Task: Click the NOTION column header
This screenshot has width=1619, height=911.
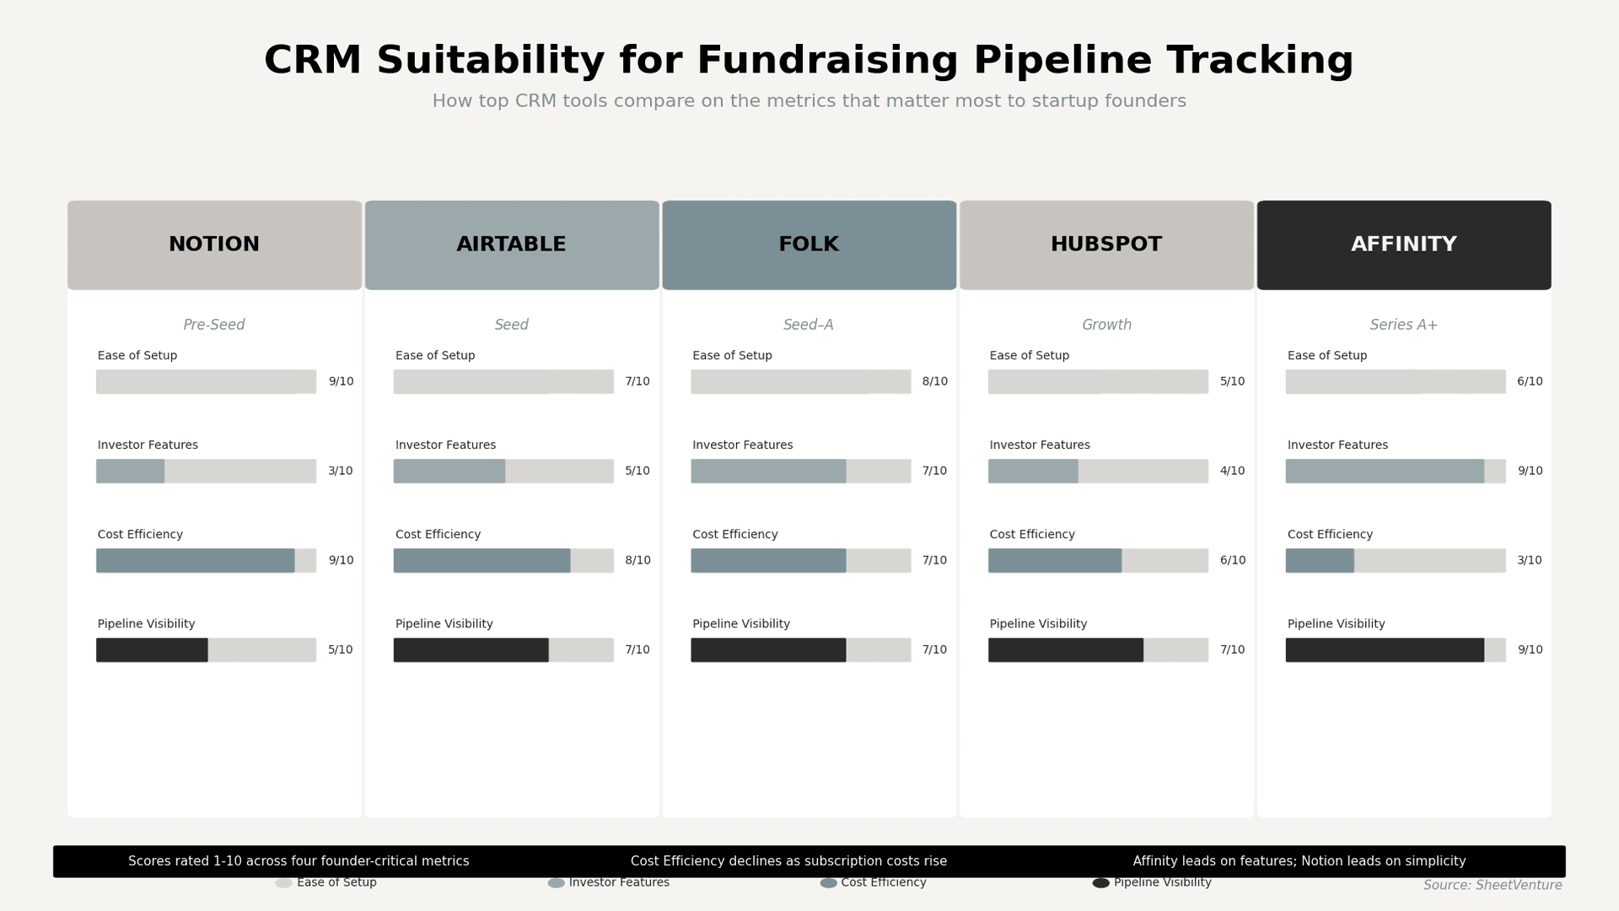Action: tap(214, 245)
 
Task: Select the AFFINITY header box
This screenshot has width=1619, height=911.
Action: tap(1403, 245)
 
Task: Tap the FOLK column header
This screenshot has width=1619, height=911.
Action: tap(809, 245)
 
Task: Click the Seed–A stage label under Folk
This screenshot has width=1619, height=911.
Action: tap(808, 325)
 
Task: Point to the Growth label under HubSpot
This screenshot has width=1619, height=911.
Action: tap(1106, 325)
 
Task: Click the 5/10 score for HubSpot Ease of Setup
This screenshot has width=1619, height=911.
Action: tap(1232, 381)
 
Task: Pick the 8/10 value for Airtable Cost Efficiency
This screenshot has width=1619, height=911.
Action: tap(637, 560)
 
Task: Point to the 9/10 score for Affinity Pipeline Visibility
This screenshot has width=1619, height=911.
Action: tap(1530, 650)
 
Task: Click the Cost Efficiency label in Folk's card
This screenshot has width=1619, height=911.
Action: tap(734, 535)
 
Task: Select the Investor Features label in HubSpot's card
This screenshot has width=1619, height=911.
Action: tap(1039, 445)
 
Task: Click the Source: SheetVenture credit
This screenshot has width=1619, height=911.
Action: tap(1492, 885)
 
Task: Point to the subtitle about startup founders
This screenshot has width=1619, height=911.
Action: tap(809, 101)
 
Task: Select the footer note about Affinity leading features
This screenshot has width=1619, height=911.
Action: tap(1299, 861)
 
